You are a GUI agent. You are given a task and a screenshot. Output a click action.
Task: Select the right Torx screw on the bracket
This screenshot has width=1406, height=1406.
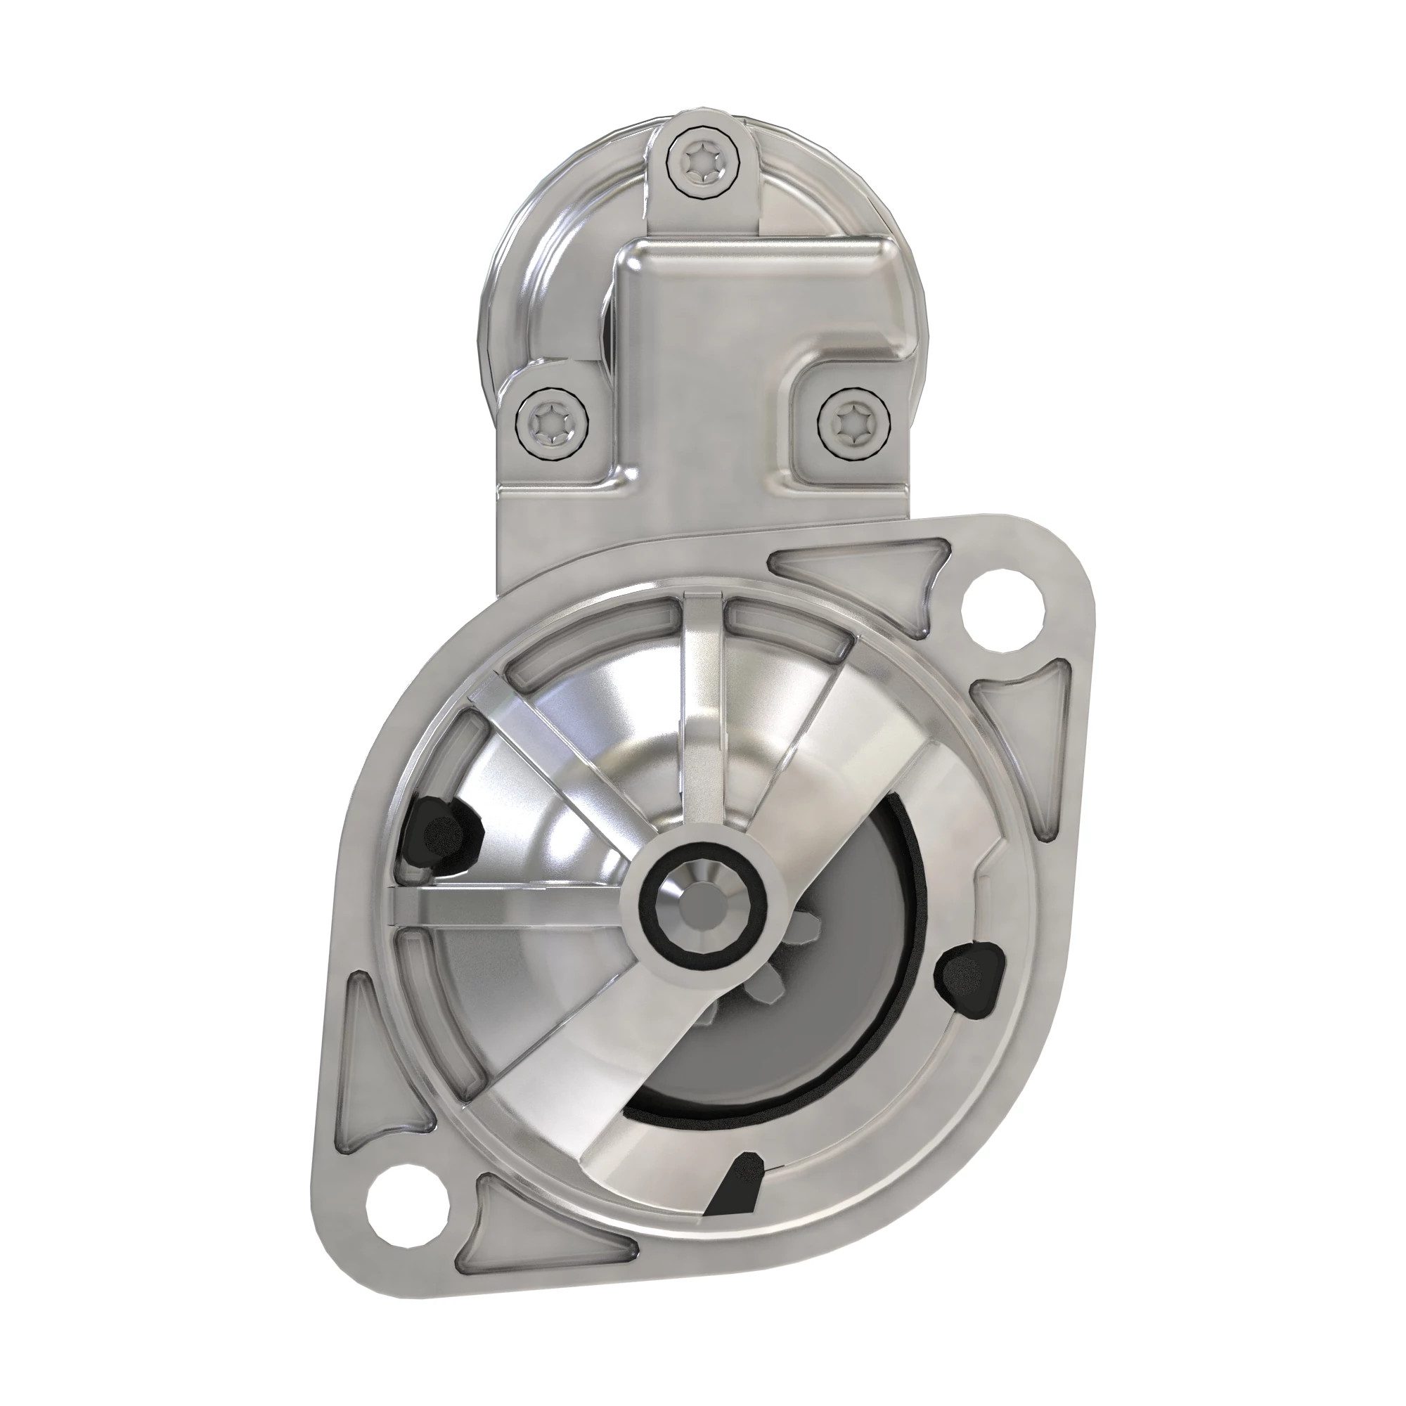[x=852, y=421]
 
